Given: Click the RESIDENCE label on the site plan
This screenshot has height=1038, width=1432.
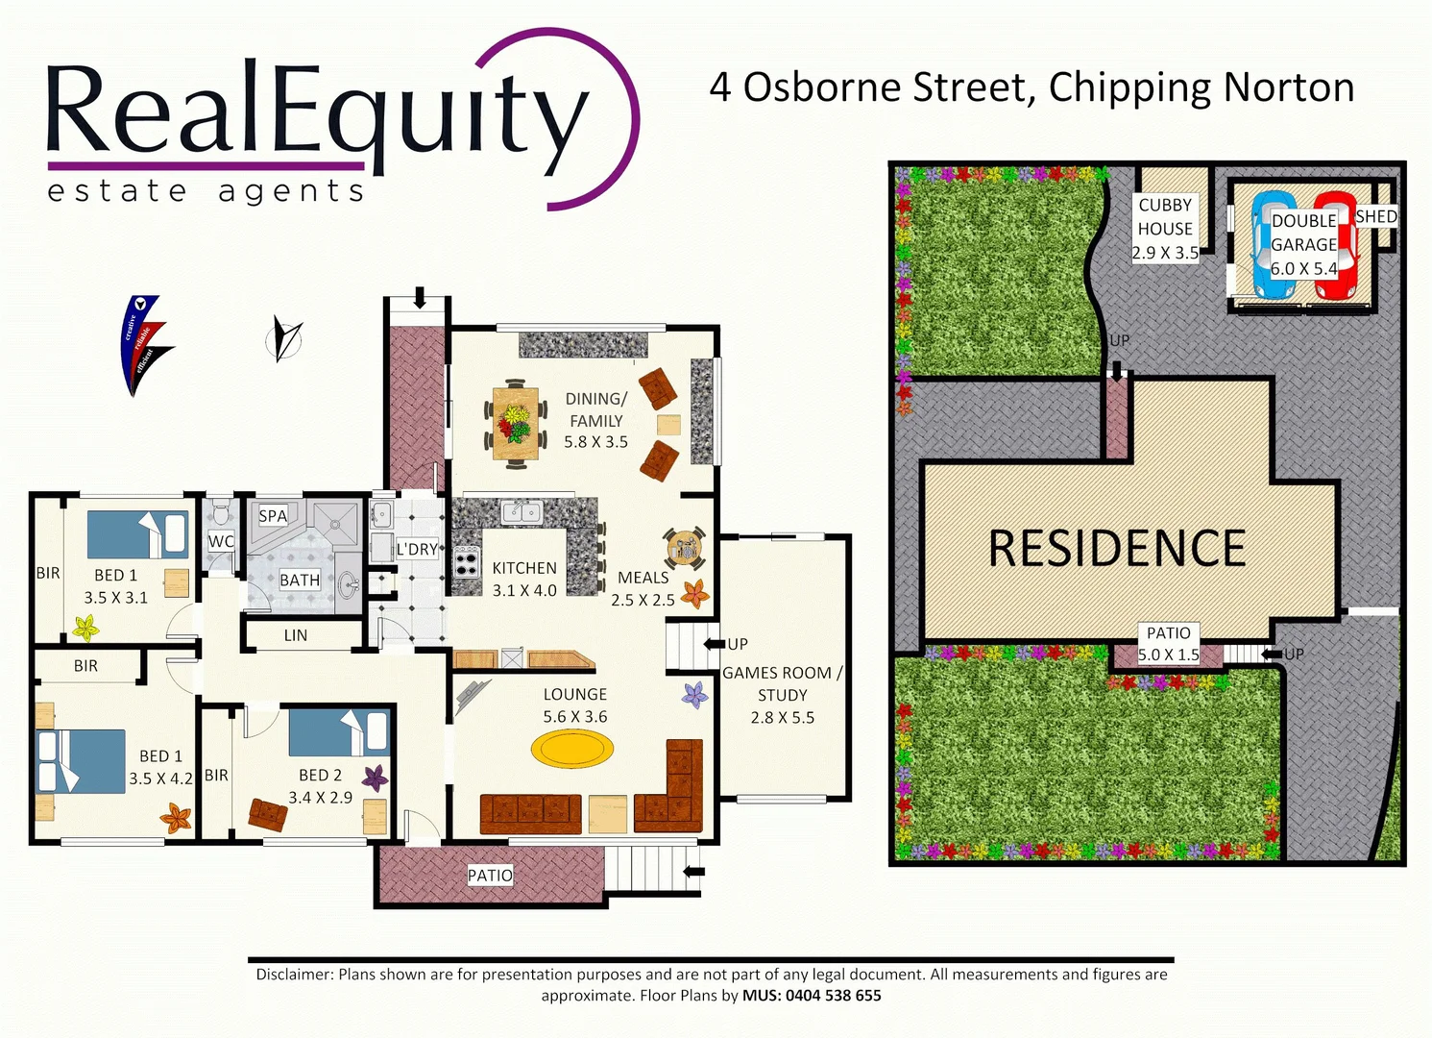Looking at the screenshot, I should [x=1117, y=549].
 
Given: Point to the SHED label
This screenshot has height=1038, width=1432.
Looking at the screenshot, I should [x=1375, y=217].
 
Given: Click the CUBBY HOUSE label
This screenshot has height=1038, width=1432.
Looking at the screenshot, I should [x=1165, y=217].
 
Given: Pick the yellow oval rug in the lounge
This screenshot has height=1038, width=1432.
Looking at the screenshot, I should [x=571, y=749].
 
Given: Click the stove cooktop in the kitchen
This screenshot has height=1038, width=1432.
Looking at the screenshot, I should [x=467, y=561].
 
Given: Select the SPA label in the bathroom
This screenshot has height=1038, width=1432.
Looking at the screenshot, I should [x=273, y=516].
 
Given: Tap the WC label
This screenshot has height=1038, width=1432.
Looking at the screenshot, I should [x=221, y=541].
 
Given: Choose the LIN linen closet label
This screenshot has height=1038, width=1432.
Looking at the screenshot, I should [x=296, y=635].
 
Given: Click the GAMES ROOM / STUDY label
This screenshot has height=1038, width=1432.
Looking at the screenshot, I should [x=782, y=683].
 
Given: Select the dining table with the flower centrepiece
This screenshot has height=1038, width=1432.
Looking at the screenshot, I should [x=516, y=424].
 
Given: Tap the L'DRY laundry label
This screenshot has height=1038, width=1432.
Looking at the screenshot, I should [x=417, y=549].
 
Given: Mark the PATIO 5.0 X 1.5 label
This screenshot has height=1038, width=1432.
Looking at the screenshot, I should [x=1168, y=644].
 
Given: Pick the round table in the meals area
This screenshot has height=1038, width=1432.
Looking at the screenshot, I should [x=685, y=549].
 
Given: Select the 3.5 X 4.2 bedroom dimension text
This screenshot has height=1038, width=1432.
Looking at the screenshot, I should [x=160, y=778].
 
